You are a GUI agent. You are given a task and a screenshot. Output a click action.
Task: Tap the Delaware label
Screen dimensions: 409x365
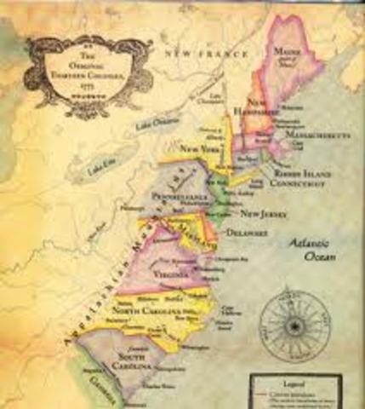(x=244, y=232)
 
